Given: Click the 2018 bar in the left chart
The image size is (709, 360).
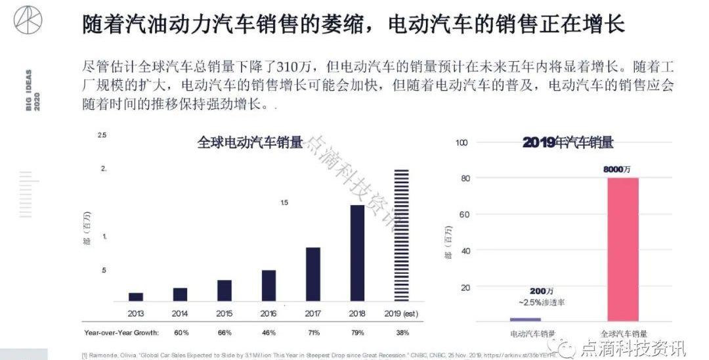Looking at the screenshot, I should point(357,253).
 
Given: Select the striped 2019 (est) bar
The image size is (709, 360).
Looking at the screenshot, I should point(401,235).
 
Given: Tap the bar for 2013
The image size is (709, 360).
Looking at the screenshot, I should point(136,296).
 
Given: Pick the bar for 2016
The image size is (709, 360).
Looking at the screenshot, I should point(269,285).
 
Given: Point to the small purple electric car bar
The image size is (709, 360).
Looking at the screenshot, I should point(525,319).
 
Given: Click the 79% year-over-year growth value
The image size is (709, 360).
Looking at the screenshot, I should point(357,333).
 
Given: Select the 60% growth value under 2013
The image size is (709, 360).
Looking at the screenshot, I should point(181,333).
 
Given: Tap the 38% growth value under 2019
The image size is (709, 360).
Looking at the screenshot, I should point(402,333).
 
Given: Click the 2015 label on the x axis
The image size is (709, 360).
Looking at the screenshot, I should point(225,313).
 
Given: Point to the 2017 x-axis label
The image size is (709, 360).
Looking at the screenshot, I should point(313,313).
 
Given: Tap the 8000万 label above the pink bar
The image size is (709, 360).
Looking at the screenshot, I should point(616,169).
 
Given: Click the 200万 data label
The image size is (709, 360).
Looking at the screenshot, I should point(542,290).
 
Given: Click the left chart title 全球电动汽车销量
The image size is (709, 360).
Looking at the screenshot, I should point(250,143).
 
